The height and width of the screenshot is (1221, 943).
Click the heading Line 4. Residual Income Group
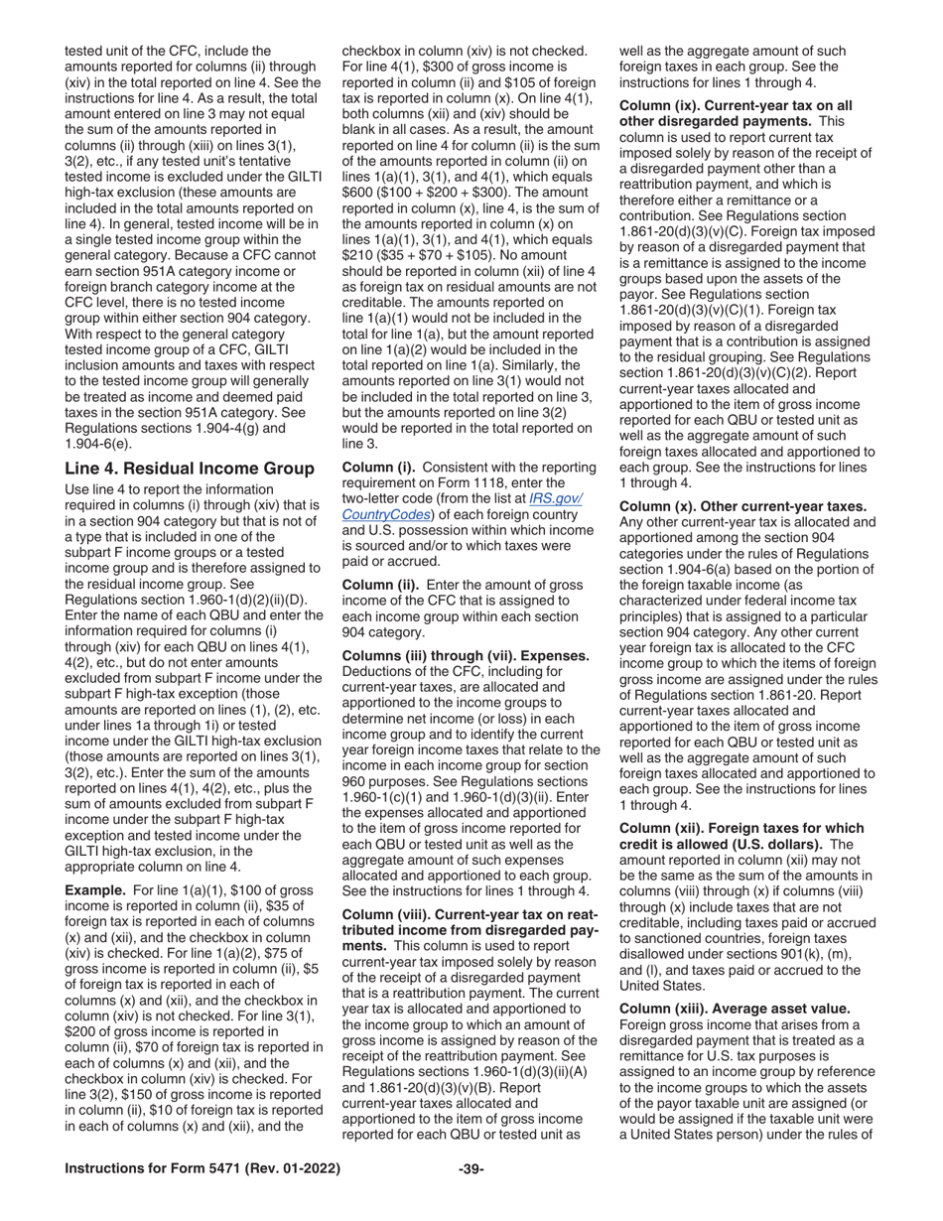189,469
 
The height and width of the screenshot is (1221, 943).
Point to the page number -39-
471,1168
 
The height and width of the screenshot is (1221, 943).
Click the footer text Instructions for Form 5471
203,1168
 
